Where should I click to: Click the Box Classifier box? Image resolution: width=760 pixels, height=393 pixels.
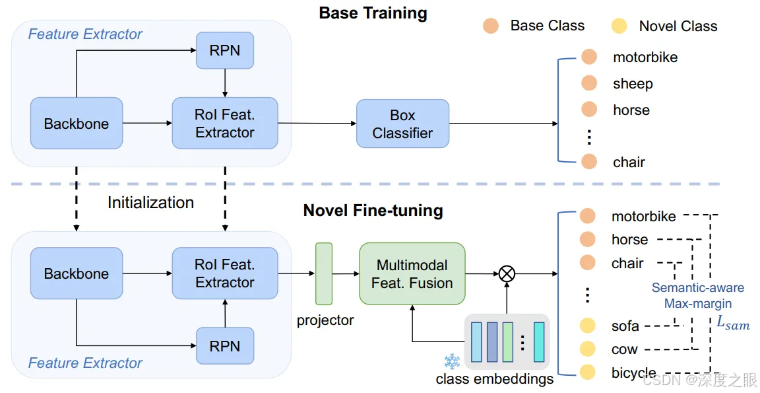pos(402,124)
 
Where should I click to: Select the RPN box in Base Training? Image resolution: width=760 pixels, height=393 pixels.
pos(224,50)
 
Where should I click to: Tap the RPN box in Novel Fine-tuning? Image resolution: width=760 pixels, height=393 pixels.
pos(224,346)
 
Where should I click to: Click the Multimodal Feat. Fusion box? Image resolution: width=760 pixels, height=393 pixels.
pos(412,274)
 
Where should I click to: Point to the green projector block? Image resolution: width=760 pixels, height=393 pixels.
pos(324,274)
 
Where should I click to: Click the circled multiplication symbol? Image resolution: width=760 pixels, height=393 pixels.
pos(507,273)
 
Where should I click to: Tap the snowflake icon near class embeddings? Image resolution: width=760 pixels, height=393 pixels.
pos(452,361)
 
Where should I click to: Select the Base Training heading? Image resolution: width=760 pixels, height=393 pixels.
pos(373,13)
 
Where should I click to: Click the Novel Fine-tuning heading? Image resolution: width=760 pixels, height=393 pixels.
pos(373,211)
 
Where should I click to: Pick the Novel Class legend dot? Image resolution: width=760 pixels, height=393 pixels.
pos(619,26)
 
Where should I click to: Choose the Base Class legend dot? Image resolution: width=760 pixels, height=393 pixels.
pos(490,26)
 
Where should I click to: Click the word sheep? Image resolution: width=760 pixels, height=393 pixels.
pos(633,84)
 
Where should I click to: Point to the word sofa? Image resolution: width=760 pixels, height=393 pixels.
pos(625,326)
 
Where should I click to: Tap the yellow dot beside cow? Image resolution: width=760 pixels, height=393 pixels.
pos(587,349)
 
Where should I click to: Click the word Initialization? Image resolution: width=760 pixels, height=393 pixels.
pos(150,203)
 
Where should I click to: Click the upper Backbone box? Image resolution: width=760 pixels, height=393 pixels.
pos(77,124)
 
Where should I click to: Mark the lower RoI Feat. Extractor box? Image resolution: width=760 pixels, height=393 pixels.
pos(224,273)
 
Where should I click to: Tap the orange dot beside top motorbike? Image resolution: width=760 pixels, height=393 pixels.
pos(588,57)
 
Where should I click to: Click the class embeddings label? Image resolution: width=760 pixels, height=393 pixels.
pos(494,380)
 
